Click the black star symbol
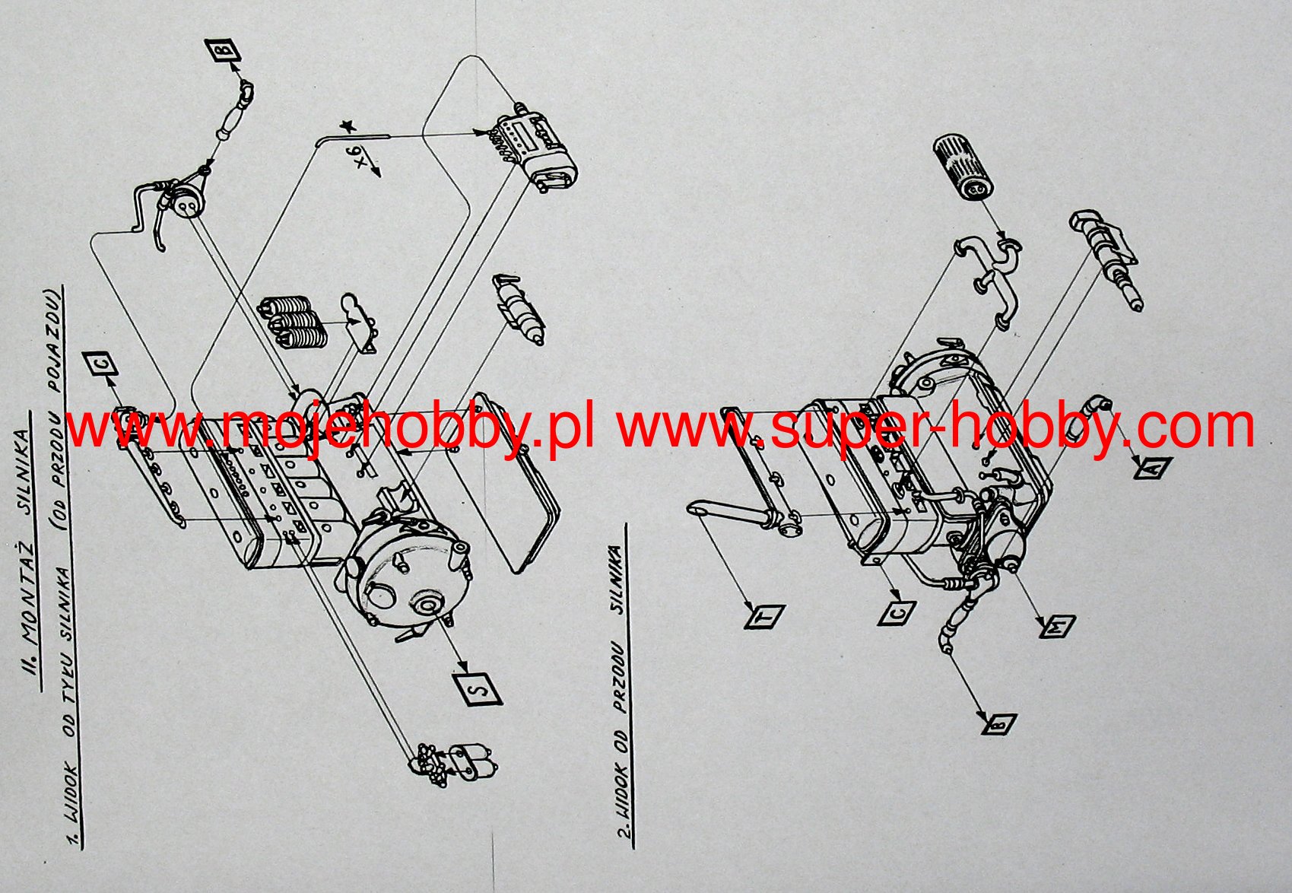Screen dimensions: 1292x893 point(348,126)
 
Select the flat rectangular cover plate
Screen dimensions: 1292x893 point(513,481)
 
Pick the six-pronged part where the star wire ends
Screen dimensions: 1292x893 point(536,150)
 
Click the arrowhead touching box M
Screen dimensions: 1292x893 point(1043,618)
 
